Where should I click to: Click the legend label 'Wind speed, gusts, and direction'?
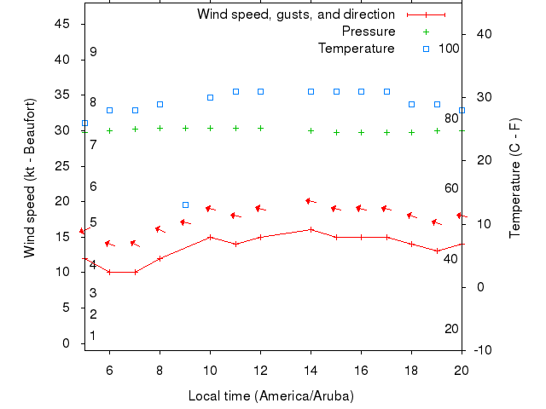[295, 14]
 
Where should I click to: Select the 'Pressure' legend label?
[368, 32]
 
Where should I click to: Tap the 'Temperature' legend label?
[356, 49]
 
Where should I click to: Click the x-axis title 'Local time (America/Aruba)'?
[270, 396]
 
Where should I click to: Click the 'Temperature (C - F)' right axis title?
[515, 178]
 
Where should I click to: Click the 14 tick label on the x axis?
[311, 371]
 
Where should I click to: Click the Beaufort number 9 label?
[93, 52]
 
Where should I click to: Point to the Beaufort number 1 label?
[93, 336]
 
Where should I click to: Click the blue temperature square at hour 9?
[185, 204]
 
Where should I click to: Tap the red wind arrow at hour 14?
[311, 201]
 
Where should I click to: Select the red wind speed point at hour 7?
[135, 272]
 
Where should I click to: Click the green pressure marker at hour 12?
[260, 129]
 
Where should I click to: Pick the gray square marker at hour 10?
[210, 97]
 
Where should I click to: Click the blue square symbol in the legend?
[427, 49]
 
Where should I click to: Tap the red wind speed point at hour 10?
[210, 237]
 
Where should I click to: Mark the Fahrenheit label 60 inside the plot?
[451, 188]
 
